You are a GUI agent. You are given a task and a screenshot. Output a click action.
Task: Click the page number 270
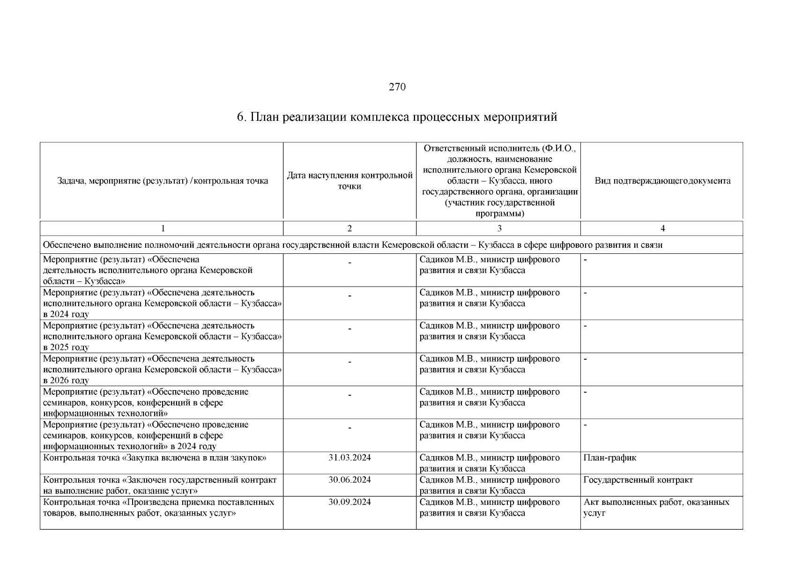397,87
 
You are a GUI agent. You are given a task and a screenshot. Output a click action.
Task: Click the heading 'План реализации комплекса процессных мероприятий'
397,117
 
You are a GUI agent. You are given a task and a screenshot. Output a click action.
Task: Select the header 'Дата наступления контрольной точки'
349,181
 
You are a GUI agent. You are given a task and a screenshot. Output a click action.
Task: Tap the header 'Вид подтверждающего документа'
662,181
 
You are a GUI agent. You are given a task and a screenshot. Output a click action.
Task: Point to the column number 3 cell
499,229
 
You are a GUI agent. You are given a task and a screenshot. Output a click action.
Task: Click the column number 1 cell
163,229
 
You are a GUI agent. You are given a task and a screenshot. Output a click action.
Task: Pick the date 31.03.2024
349,458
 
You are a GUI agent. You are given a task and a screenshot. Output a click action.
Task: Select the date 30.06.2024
349,480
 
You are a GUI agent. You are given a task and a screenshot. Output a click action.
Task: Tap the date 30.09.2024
349,502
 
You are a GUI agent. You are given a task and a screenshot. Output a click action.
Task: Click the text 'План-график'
610,458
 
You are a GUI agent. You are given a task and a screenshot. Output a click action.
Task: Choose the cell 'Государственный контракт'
638,480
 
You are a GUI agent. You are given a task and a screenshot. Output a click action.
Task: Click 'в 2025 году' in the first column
66,348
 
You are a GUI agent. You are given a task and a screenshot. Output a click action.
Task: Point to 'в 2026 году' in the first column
66,380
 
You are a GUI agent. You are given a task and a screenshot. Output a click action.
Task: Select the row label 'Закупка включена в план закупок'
155,458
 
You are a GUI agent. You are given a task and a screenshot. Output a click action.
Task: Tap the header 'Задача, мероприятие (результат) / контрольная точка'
163,181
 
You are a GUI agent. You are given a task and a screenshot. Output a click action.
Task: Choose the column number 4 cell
662,229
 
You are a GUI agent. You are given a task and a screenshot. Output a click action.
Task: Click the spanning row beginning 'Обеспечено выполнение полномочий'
352,245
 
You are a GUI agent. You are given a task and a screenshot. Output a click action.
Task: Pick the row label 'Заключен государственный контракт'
160,485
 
